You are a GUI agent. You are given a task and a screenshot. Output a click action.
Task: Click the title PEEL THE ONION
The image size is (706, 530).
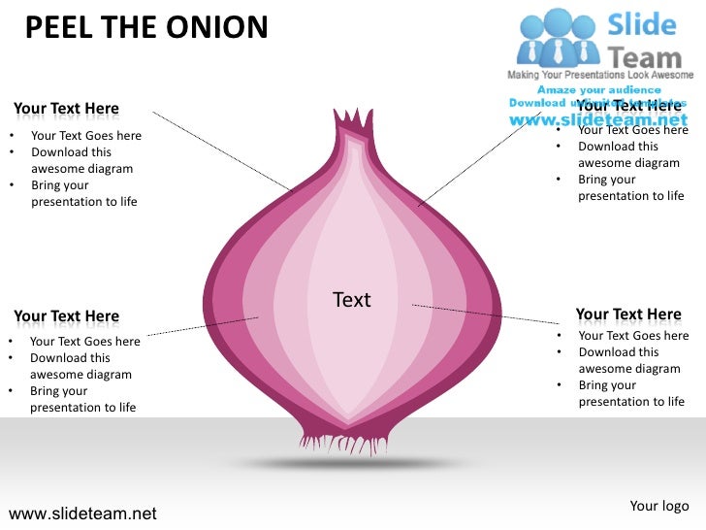point(145,27)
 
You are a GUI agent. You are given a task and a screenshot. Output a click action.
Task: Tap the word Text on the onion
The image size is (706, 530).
point(351,300)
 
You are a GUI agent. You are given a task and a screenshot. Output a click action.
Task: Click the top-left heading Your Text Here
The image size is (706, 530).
point(67,110)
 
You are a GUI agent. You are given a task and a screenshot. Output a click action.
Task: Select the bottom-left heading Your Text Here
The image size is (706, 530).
point(67,316)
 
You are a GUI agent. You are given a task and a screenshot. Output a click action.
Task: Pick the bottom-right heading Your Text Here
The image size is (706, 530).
point(628,315)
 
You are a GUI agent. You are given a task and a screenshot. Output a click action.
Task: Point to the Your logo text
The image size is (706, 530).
point(659,506)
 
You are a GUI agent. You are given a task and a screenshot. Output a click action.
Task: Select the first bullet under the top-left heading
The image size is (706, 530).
point(86,136)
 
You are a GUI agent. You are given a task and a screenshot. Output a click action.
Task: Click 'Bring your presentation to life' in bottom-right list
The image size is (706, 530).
point(630,393)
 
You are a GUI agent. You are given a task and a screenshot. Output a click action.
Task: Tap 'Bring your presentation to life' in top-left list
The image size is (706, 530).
point(82,193)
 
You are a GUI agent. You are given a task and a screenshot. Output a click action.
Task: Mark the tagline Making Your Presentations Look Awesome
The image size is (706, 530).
point(601,75)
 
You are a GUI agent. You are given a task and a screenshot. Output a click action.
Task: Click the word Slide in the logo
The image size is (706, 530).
point(642,23)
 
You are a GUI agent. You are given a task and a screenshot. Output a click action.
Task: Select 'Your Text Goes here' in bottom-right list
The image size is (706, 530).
point(632,336)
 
